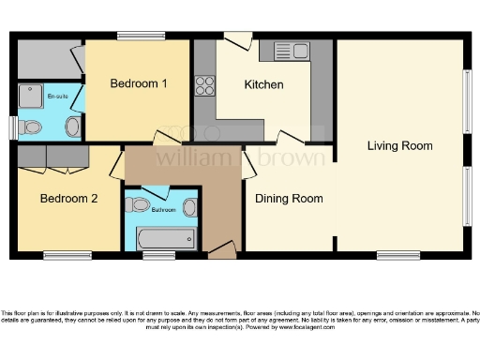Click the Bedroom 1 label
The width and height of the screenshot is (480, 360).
click(139, 83)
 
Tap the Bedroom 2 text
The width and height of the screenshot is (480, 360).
click(68, 199)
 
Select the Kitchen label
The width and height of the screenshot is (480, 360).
click(263, 84)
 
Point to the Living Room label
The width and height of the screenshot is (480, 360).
click(399, 145)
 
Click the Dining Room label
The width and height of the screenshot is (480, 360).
click(290, 198)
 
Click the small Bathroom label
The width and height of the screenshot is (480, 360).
click(164, 210)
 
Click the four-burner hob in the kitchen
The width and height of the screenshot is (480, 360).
click(204, 85)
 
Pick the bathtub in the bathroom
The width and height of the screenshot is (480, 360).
click(165, 238)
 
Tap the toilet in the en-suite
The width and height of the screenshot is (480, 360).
click(31, 127)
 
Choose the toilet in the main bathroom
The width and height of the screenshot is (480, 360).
click(139, 204)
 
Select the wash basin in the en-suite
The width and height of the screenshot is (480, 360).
click(72, 127)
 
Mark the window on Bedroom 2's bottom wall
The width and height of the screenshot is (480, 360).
click(67, 255)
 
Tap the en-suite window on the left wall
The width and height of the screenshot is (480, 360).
click(13, 127)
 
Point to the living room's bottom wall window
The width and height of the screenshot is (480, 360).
click(398, 255)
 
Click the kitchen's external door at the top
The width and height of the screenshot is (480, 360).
click(237, 39)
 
